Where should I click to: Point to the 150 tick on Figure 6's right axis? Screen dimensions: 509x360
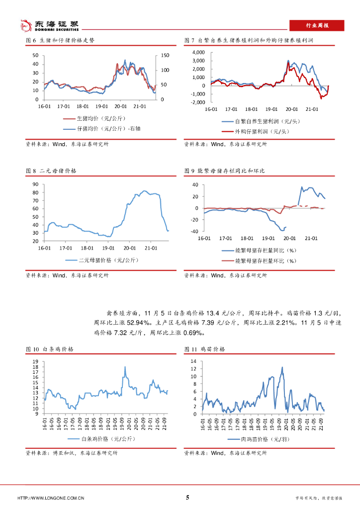pos(165,55)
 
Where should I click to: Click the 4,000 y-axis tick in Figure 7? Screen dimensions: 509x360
pos(198,52)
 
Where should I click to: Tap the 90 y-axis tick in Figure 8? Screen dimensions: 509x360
pos(35,184)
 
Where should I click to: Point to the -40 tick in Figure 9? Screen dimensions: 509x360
pos(194,231)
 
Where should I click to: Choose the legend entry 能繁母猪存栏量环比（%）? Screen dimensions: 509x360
pos(265,260)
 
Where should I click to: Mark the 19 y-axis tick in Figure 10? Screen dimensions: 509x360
pos(35,361)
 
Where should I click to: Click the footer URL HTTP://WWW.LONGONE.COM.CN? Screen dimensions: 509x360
pos(51,498)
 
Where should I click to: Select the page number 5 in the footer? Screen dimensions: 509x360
pos(187,497)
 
